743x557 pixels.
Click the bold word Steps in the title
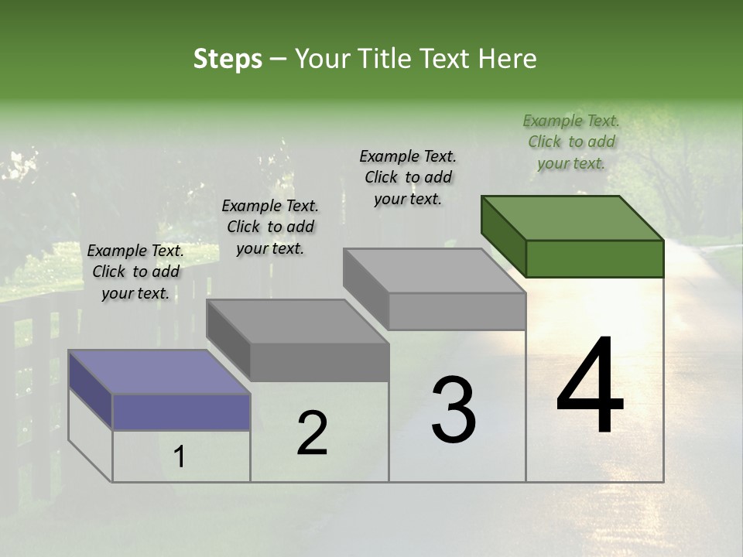(x=228, y=59)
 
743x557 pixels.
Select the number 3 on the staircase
(x=454, y=409)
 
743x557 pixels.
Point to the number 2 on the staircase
(x=312, y=433)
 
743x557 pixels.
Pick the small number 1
(x=180, y=457)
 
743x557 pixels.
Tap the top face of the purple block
(x=159, y=372)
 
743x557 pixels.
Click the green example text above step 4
(x=571, y=142)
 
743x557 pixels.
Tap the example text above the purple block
(x=135, y=272)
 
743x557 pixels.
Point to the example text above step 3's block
(x=408, y=177)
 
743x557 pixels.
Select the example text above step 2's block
(x=270, y=227)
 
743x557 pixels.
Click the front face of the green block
(x=594, y=258)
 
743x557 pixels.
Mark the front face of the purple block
(x=181, y=412)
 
